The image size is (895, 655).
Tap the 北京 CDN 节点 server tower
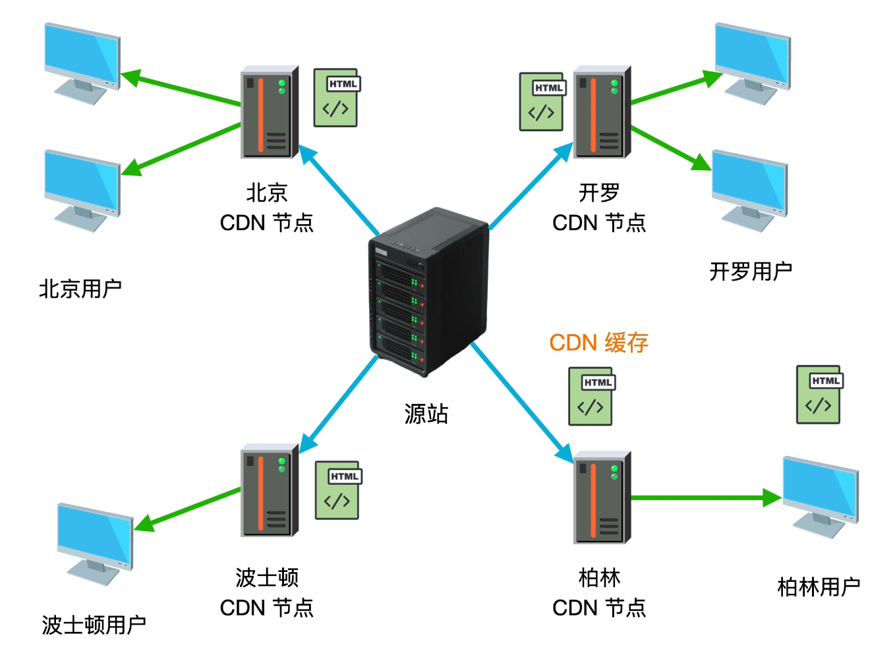269,112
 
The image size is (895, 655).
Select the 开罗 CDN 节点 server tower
602,112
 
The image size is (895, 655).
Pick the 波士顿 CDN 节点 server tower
269,490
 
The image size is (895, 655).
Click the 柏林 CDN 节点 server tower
602,498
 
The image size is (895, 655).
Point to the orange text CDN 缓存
598,343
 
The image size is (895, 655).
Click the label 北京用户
80,289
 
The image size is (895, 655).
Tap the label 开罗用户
751,271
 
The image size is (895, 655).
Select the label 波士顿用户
94,625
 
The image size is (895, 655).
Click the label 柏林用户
819,586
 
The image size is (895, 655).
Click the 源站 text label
426,414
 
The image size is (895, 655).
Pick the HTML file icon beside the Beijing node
336,98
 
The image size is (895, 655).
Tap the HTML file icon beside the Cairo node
542,101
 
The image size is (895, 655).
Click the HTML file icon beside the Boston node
337,490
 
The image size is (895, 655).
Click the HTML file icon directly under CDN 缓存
591,396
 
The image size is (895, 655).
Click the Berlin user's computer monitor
821,494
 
